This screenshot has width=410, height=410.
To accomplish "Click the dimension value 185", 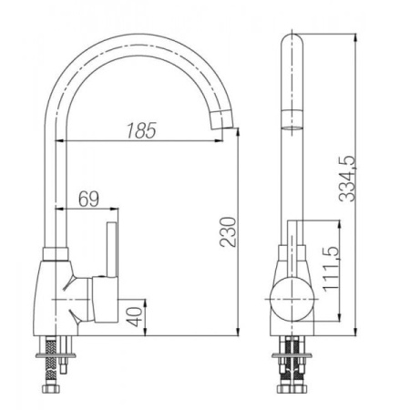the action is [x=141, y=130].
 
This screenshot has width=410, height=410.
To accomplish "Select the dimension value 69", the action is [x=88, y=199].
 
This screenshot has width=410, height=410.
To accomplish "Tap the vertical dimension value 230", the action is [x=229, y=231].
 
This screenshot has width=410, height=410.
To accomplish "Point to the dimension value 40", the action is [x=135, y=317].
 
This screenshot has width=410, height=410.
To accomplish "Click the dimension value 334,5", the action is [x=347, y=179].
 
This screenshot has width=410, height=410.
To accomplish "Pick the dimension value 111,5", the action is [x=331, y=269].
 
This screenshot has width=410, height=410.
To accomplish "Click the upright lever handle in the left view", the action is [x=112, y=250].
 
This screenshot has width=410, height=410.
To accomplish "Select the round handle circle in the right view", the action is [x=292, y=299].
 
